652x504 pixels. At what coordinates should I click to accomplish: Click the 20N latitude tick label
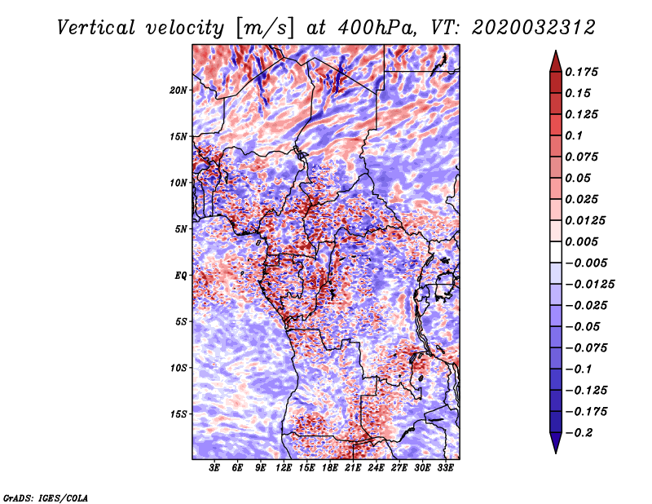pos(178,91)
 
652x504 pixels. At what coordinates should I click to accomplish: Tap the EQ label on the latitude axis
pos(180,276)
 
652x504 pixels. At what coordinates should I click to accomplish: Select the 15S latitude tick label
pos(178,414)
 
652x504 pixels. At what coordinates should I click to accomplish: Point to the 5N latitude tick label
pos(181,229)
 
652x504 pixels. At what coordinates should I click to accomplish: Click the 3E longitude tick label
pos(214,468)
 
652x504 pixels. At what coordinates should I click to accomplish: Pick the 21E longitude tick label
pos(353,468)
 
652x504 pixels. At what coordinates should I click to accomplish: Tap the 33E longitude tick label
pos(445,468)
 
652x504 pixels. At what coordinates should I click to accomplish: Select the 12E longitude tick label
pos(283,468)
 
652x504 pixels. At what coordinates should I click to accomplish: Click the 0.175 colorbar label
pos(581,72)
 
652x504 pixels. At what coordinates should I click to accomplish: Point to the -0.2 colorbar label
pos(579,433)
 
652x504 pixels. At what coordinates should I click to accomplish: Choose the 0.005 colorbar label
pos(581,241)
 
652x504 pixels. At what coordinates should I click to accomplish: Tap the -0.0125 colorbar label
pos(589,285)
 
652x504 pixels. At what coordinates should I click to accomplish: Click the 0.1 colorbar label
pos(574,135)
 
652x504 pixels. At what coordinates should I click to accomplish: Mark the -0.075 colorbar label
pos(586,348)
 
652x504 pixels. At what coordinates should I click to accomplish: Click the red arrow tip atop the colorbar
pos(556,51)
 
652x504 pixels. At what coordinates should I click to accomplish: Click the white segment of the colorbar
pos(556,252)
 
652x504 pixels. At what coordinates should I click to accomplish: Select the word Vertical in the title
pos(96,28)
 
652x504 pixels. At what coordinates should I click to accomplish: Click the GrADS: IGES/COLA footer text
pos(46,497)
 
